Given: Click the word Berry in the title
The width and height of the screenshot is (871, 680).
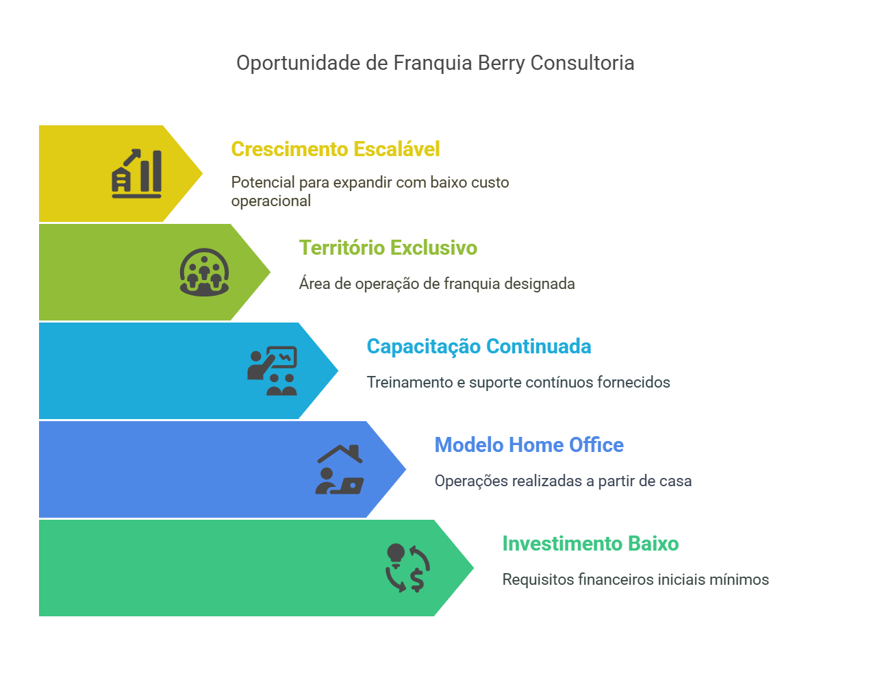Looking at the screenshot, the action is [501, 64].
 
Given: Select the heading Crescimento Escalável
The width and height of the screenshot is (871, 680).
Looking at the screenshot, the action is [335, 149].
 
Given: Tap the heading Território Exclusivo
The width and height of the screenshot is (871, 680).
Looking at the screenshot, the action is [388, 248].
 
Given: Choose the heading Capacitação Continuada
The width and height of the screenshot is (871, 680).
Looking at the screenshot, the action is [479, 347].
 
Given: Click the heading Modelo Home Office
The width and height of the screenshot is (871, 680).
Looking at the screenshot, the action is [529, 445].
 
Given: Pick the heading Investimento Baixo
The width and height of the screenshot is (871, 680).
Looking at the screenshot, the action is [590, 543].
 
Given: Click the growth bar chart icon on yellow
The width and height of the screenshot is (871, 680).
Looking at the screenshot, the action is [137, 173].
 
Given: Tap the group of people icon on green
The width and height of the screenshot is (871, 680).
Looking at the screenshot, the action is [205, 272].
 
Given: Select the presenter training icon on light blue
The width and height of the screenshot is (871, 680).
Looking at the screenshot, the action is [272, 370].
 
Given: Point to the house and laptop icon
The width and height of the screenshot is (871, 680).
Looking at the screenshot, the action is [340, 469].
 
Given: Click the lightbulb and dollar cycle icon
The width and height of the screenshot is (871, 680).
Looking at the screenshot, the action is [407, 568].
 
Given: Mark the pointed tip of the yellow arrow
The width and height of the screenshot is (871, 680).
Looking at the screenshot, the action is [203, 173].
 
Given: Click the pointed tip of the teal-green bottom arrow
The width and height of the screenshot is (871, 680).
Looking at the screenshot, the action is [474, 568].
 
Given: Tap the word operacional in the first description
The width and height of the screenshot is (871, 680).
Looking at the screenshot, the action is [271, 201].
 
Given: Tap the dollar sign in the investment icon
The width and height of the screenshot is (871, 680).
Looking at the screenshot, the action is [417, 580].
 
